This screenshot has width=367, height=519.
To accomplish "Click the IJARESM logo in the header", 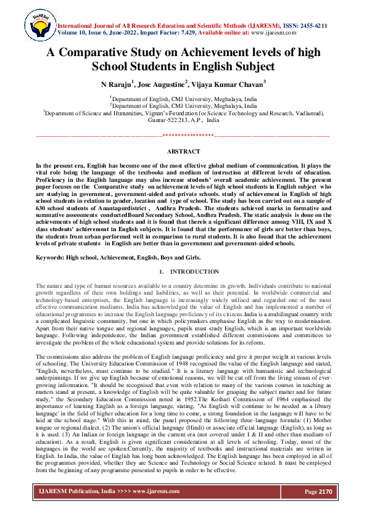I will tap(39, 27).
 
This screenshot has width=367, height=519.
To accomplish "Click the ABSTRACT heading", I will tap(183, 152).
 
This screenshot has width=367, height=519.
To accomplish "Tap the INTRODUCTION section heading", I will tap(194, 271).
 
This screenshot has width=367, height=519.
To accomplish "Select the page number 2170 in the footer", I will tap(323, 491).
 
